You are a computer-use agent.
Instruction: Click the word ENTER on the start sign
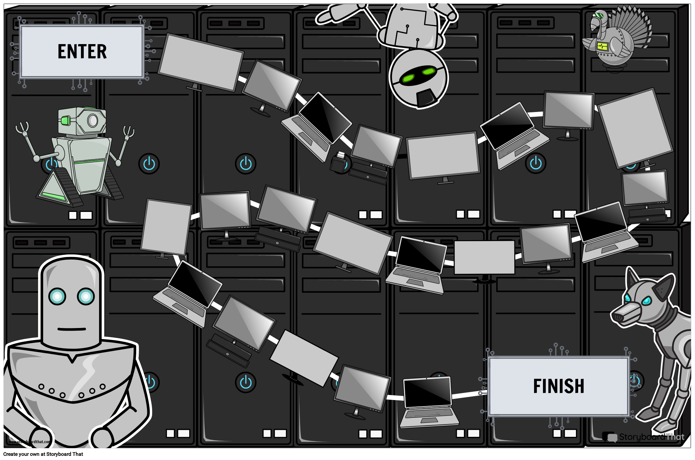(82, 52)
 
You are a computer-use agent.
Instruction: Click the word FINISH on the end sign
(558, 386)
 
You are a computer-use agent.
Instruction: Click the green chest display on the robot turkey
(602, 46)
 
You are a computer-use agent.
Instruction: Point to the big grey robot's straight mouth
(71, 329)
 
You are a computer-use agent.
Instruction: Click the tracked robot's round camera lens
(92, 120)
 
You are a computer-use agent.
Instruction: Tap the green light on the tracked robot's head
(65, 121)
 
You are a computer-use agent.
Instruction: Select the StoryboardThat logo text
(651, 437)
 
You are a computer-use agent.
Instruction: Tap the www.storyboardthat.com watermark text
(29, 442)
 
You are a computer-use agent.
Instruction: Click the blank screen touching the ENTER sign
(200, 62)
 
